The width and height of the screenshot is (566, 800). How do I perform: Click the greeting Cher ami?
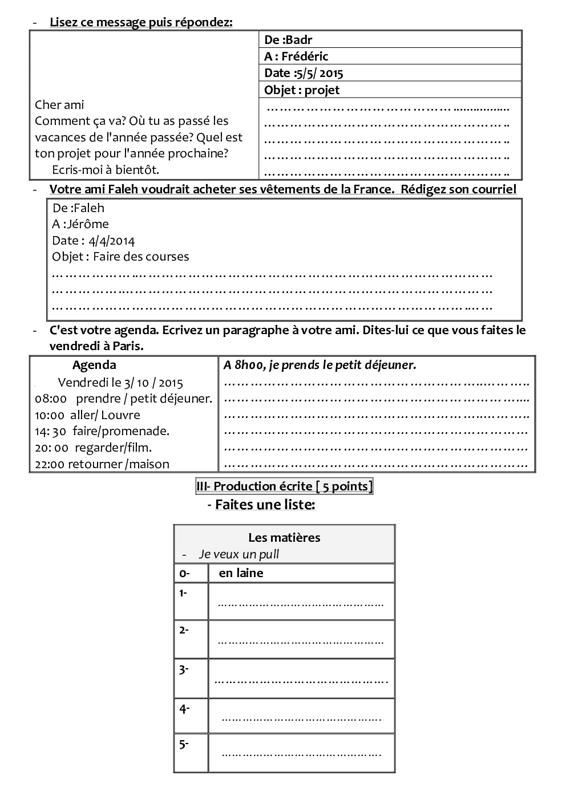pyautogui.click(x=59, y=105)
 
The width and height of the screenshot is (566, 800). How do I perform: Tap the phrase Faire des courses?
pyautogui.click(x=141, y=257)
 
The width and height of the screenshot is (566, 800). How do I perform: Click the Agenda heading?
pyautogui.click(x=94, y=366)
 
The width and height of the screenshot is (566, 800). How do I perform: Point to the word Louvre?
pyautogui.click(x=121, y=415)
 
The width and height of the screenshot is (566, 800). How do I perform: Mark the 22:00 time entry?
pyautogui.click(x=50, y=464)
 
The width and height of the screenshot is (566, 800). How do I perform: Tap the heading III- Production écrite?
pyautogui.click(x=284, y=486)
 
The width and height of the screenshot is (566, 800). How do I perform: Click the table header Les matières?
pyautogui.click(x=284, y=537)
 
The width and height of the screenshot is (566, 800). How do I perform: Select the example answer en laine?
pyautogui.click(x=241, y=573)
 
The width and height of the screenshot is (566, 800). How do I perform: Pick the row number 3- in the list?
pyautogui.click(x=184, y=670)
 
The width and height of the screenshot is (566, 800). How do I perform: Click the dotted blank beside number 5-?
pyautogui.click(x=301, y=754)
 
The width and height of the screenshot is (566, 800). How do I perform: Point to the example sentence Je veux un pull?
pyautogui.click(x=238, y=554)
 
